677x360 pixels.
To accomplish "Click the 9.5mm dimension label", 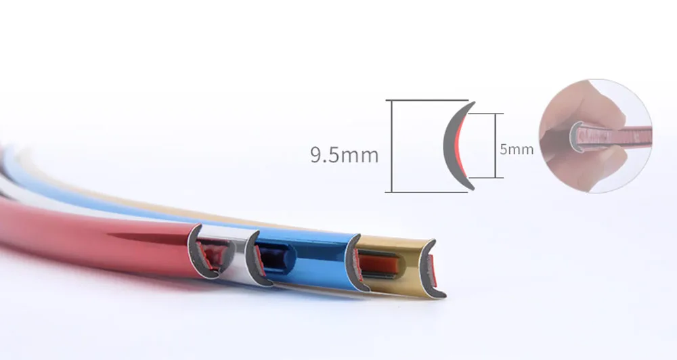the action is point(344,155).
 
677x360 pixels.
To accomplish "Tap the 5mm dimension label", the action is point(517,150).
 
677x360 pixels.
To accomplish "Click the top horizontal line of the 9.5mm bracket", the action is point(427,100).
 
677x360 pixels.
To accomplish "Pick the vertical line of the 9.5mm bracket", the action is point(391,146).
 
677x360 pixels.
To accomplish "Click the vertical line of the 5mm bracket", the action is point(496,145).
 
